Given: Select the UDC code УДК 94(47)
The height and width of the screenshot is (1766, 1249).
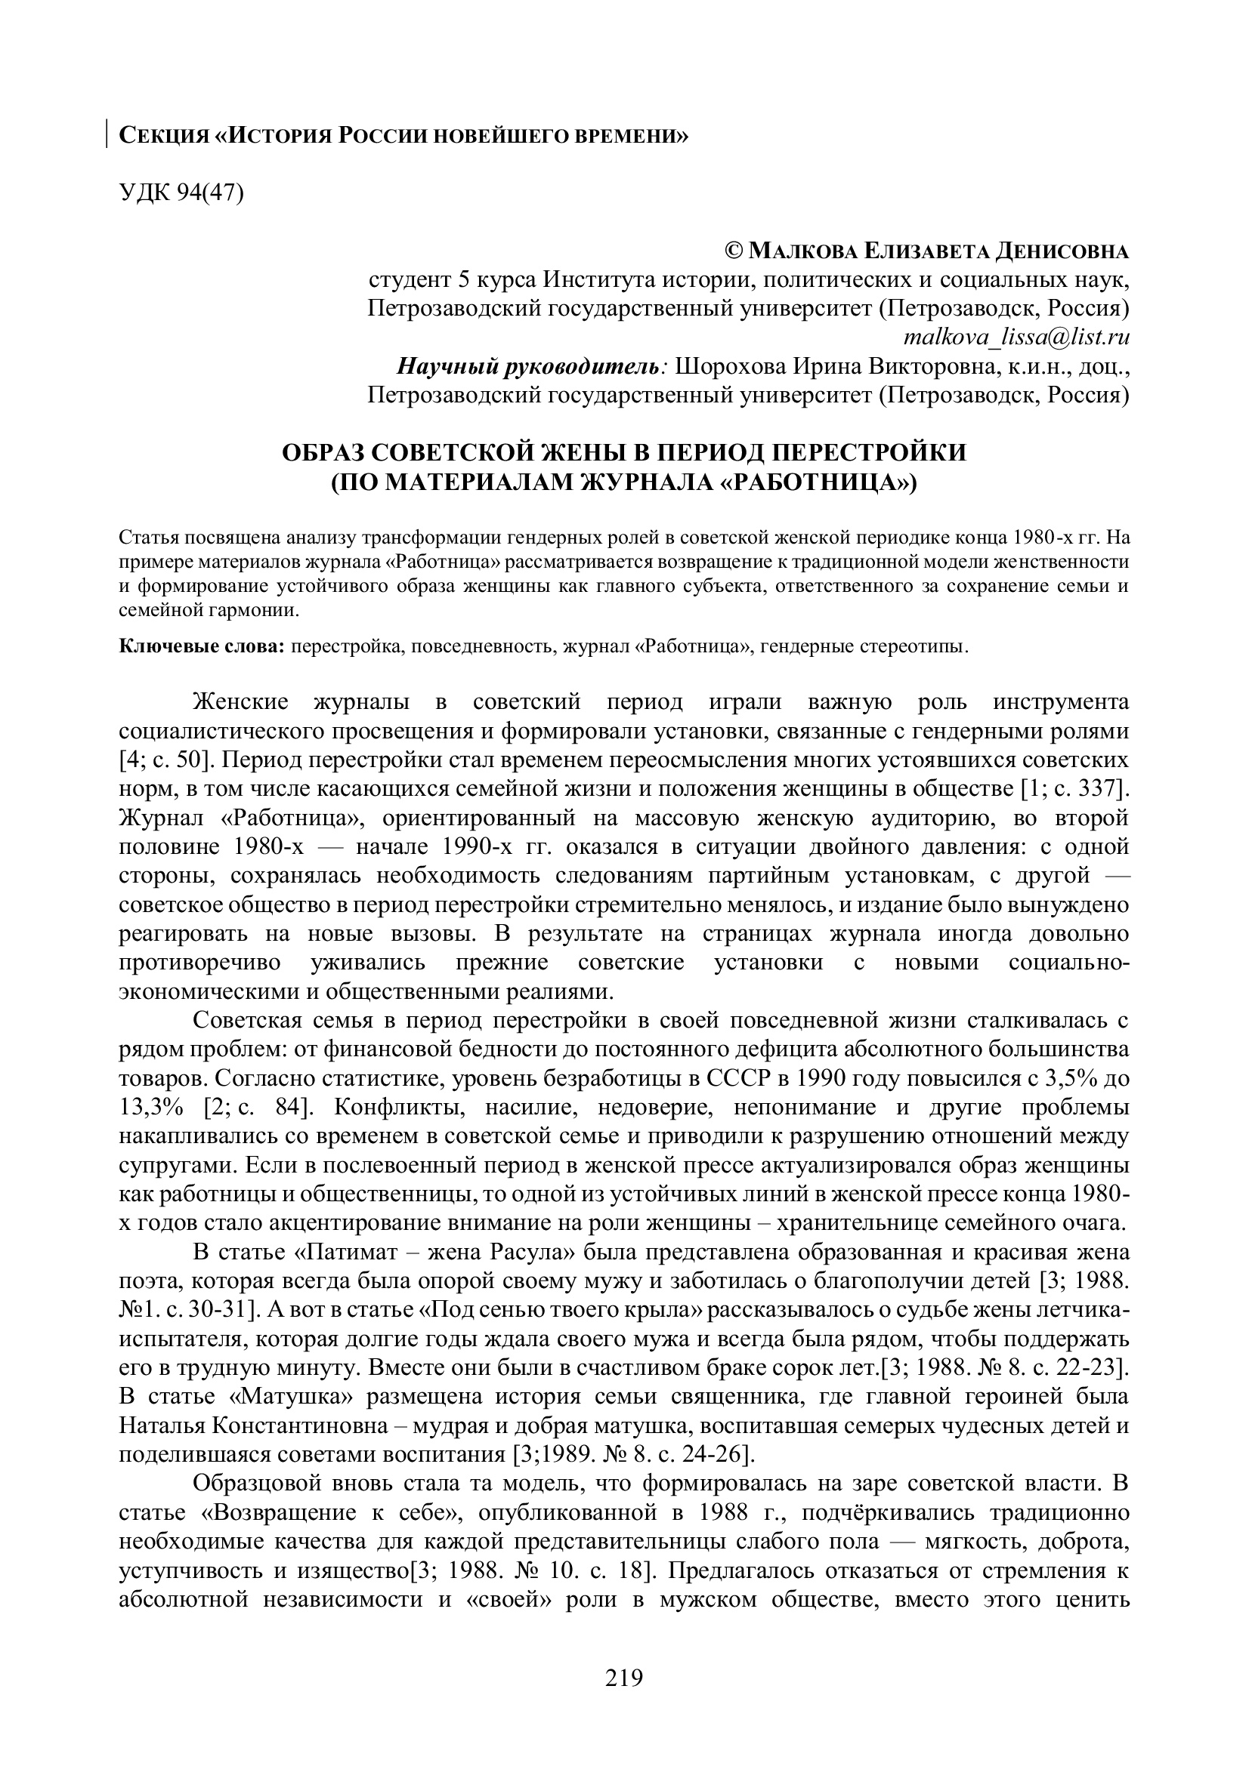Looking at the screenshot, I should pyautogui.click(x=181, y=193).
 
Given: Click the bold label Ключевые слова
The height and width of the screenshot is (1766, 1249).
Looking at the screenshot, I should pyautogui.click(x=202, y=646).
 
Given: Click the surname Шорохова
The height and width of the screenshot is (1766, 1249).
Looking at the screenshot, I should pyautogui.click(x=727, y=367).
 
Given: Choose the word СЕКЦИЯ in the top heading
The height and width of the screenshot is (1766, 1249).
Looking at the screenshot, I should pyautogui.click(x=164, y=136).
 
